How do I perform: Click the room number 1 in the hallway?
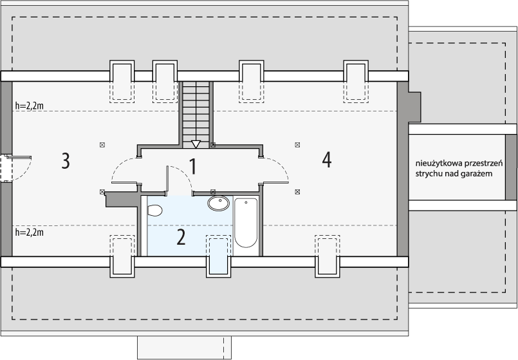point(192,167)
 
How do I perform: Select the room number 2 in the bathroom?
point(181,237)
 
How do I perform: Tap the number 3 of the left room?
point(65,160)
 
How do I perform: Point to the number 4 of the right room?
point(327,160)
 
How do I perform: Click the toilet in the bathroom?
point(154,210)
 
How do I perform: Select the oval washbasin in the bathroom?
point(219,204)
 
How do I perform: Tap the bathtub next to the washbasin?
point(246,222)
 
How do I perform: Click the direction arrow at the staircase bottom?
point(196,144)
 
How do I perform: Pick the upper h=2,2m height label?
point(28,106)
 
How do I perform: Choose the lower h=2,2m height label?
point(28,232)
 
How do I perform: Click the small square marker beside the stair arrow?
point(213,145)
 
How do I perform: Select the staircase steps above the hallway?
point(196,109)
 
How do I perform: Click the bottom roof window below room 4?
point(327,256)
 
